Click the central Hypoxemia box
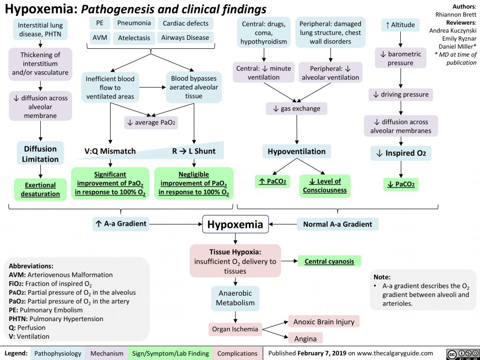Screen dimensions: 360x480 pyautogui.click(x=235, y=225)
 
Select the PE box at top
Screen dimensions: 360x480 pyautogui.click(x=99, y=23)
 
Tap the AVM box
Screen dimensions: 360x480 pyautogui.click(x=99, y=37)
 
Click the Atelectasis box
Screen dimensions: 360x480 pyautogui.click(x=134, y=37)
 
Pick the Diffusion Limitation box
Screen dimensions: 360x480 pyautogui.click(x=41, y=154)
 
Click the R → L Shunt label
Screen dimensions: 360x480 pyautogui.click(x=194, y=151)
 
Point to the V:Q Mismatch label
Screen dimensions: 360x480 pyautogui.click(x=110, y=151)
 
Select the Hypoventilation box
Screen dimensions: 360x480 pyautogui.click(x=296, y=151)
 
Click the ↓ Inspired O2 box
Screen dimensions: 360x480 pyautogui.click(x=401, y=154)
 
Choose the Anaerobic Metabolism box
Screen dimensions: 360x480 pyautogui.click(x=235, y=298)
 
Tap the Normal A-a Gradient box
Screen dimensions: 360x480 pyautogui.click(x=337, y=224)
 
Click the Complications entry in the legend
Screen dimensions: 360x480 pyautogui.click(x=237, y=353)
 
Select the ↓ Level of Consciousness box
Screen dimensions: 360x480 pyautogui.click(x=324, y=185)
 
